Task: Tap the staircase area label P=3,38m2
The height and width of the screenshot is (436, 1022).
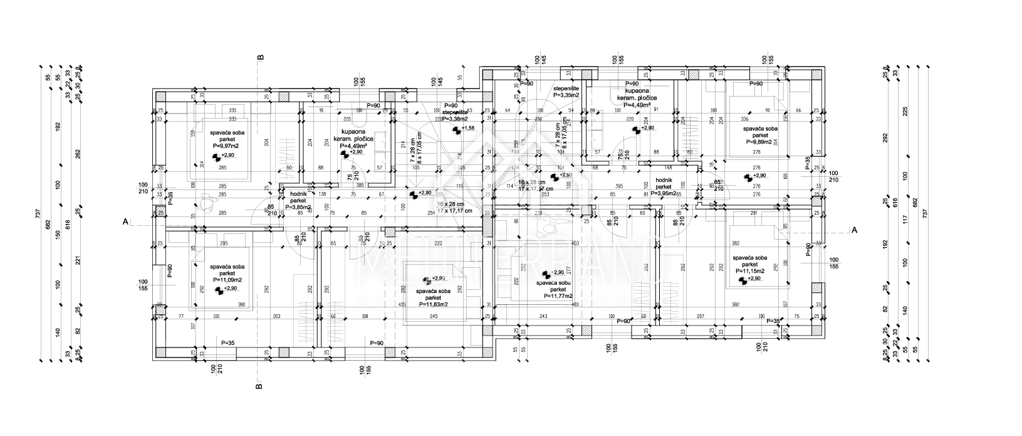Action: click(x=460, y=118)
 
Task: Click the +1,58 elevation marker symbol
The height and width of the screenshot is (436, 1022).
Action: click(x=458, y=129)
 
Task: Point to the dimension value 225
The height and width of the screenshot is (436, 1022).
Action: click(x=904, y=112)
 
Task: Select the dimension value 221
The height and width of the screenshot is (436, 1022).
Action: click(x=77, y=259)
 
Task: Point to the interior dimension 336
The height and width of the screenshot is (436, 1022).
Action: click(x=744, y=118)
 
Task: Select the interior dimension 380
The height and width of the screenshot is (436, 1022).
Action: click(x=241, y=306)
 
